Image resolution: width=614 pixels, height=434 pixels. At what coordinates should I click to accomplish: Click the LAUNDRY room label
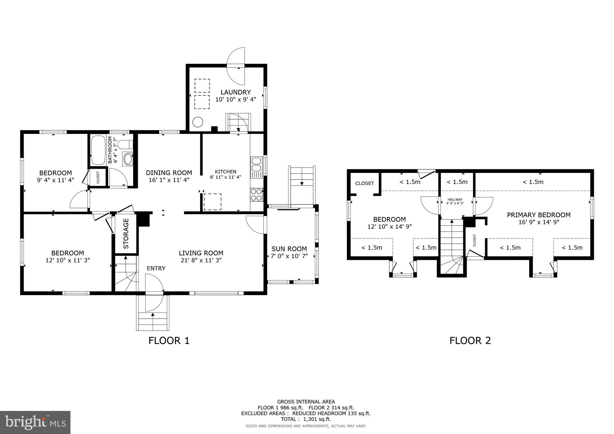[235, 92]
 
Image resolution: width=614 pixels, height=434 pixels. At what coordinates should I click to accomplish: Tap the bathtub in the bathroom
[98, 150]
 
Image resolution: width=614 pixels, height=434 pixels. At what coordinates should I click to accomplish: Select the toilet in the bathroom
[125, 145]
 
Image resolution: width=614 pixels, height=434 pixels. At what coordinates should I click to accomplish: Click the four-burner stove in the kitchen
[257, 195]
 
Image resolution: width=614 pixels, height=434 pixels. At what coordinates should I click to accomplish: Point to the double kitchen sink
[256, 164]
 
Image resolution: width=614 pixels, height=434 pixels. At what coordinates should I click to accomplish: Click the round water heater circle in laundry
[198, 122]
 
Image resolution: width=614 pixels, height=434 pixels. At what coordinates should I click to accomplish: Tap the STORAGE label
[126, 233]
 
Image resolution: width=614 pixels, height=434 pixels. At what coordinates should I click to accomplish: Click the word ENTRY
[156, 268]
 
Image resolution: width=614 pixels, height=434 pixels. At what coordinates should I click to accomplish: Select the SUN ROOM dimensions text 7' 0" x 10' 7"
[289, 256]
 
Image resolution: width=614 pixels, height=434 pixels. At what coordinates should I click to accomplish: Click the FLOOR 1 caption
[169, 340]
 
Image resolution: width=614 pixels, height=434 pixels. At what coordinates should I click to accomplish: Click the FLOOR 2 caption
[470, 340]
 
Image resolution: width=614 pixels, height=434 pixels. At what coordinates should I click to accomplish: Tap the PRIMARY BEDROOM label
[538, 215]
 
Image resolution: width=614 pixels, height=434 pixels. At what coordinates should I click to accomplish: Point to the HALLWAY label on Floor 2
[455, 200]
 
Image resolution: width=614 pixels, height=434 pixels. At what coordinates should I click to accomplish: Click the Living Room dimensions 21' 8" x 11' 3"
[201, 260]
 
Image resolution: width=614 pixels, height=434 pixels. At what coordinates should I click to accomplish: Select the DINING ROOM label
[169, 173]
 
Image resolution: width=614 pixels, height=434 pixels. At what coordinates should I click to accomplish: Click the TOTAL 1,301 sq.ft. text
[306, 419]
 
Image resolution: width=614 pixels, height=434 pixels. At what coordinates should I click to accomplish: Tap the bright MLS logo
[35, 422]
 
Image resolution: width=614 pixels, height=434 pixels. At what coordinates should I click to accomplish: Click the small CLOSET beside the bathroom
[98, 177]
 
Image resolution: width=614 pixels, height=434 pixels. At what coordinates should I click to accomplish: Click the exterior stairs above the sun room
[302, 184]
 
